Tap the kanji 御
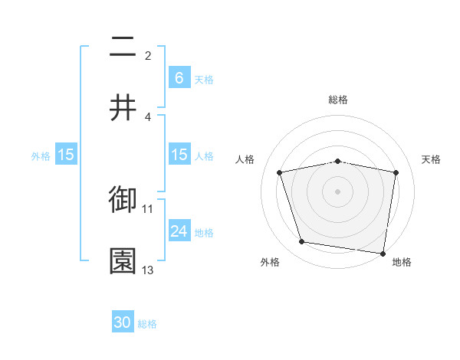click(123, 200)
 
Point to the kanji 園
click(123, 260)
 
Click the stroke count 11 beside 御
click(148, 208)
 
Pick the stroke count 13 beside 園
click(148, 270)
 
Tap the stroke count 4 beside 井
click(148, 116)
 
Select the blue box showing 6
click(179, 77)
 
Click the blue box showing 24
click(179, 231)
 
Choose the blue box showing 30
click(123, 322)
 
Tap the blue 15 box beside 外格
click(66, 155)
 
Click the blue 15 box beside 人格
click(179, 155)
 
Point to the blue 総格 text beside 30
click(147, 324)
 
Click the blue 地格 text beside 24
click(204, 232)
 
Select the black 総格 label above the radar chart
click(338, 100)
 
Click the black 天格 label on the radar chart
click(432, 159)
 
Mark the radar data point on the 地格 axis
click(383, 253)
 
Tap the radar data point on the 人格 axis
click(280, 172)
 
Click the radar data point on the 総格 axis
click(338, 161)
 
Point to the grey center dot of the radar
click(338, 191)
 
